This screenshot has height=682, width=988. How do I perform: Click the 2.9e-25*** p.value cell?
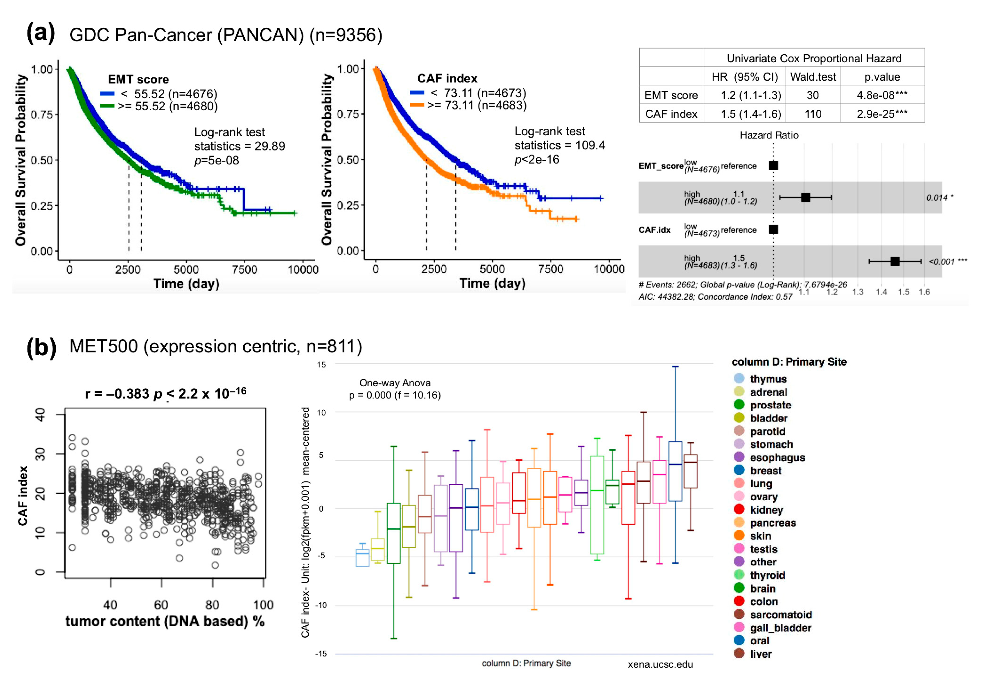(x=882, y=114)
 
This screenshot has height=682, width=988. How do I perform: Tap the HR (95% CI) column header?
(x=744, y=77)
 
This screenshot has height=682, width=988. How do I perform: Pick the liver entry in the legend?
(x=761, y=654)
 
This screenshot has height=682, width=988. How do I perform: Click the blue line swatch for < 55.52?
(x=107, y=93)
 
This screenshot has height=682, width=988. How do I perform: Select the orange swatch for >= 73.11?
(x=417, y=105)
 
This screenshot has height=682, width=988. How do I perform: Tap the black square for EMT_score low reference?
(x=773, y=165)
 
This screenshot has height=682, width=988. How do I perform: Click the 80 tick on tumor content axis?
(x=212, y=605)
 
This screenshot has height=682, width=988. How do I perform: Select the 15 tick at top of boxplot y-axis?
(x=321, y=365)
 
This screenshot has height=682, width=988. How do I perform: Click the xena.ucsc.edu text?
(x=660, y=664)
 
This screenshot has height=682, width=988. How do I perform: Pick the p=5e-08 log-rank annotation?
(x=217, y=160)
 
